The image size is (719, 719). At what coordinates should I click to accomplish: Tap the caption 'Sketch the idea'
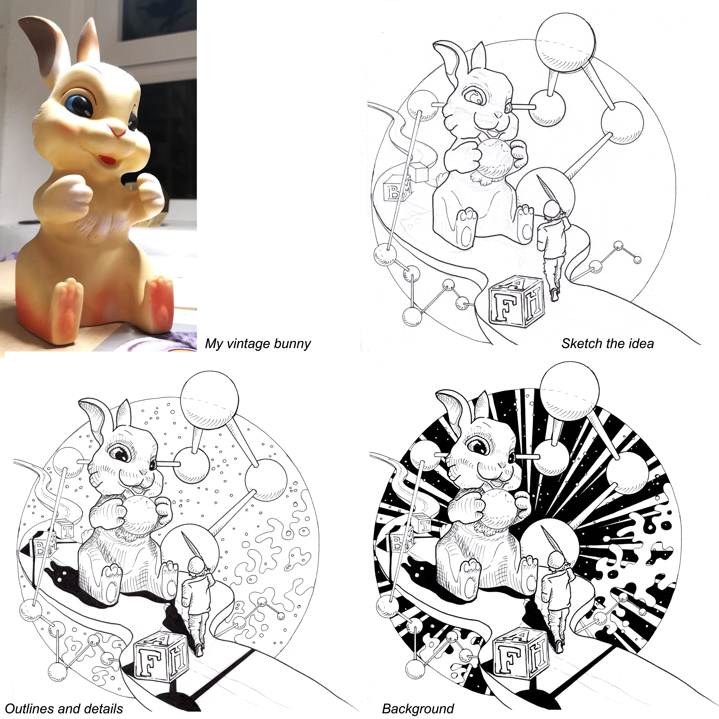(x=607, y=343)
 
